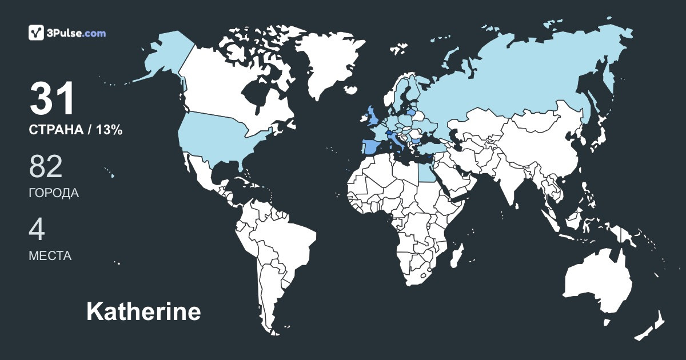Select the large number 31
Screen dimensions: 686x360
click(53, 99)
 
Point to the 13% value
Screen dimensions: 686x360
click(109, 130)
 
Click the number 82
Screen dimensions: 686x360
click(46, 166)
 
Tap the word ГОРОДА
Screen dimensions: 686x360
click(54, 193)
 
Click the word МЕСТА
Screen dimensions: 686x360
click(50, 256)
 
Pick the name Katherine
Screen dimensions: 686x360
click(143, 312)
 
